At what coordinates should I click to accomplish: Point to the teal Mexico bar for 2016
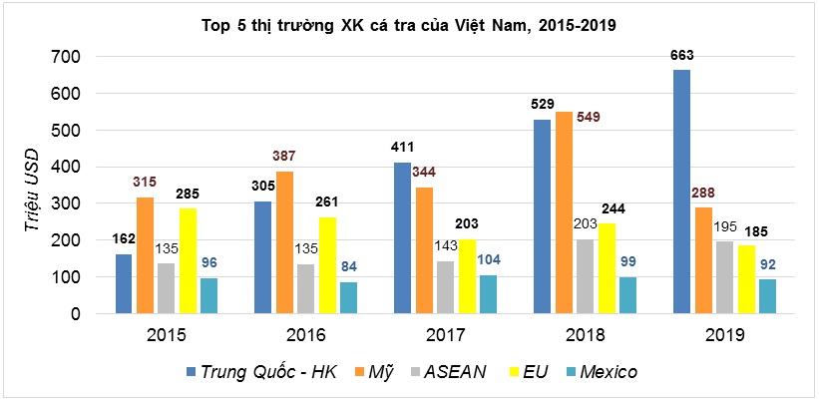[347, 297]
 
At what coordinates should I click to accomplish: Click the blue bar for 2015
[125, 283]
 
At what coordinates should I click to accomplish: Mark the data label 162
[125, 239]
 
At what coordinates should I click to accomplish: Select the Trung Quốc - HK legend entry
[263, 372]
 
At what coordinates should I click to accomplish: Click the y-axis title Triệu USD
[32, 187]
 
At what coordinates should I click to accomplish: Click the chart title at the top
[410, 25]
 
